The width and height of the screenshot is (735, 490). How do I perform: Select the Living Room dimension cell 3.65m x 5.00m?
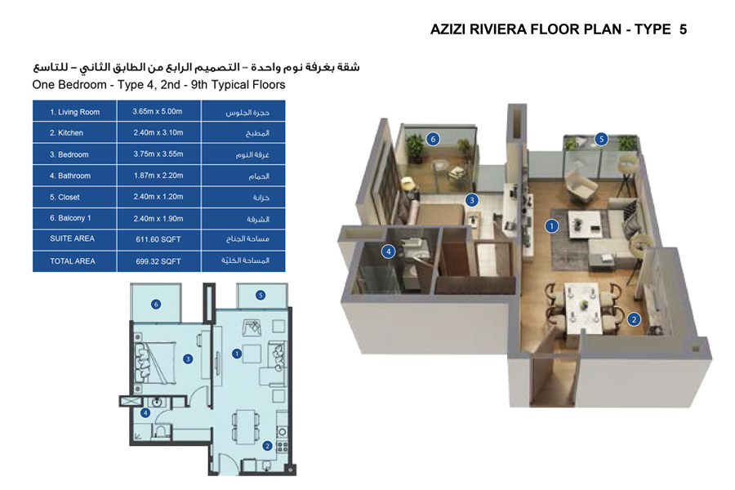pos(158,112)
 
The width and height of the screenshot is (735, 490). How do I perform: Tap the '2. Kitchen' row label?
pos(67,133)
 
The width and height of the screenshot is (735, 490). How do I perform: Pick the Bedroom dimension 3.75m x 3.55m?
pos(158,154)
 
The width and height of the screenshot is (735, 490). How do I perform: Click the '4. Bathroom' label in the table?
pos(70,176)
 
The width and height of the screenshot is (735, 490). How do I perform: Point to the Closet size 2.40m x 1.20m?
pos(158,197)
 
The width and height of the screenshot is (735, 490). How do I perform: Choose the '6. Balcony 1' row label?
pos(71,218)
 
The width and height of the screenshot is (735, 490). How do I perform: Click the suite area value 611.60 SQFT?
pos(158,239)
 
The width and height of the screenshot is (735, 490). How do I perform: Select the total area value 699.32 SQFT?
pos(158,261)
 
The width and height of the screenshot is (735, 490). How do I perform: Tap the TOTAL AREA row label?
pos(73,261)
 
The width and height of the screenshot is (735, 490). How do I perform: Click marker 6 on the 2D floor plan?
pos(156,305)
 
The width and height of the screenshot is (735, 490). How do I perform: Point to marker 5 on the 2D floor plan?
pos(261,295)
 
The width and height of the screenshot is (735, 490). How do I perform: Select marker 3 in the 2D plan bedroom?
pos(188,358)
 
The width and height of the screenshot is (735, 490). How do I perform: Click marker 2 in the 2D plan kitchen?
pos(267,446)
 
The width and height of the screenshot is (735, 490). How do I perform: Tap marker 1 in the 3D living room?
pos(552,225)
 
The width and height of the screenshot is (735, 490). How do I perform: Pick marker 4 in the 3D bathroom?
pos(390,252)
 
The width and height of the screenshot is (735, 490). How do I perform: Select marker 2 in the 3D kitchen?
pos(634,319)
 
